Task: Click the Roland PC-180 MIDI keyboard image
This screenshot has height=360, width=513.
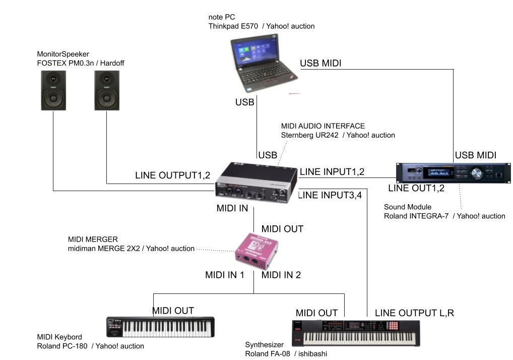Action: (x=160, y=327)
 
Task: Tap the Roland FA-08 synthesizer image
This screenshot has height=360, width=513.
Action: (x=356, y=332)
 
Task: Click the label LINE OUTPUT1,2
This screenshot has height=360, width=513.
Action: (x=172, y=175)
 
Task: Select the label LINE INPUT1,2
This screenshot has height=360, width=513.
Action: (x=332, y=172)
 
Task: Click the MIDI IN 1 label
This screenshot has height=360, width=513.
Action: (x=224, y=275)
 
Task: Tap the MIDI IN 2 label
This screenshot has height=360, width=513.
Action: (x=281, y=275)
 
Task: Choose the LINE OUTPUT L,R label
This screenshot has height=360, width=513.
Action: (x=414, y=313)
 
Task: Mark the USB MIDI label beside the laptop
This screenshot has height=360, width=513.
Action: (x=320, y=63)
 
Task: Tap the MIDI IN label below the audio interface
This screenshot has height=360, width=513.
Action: (x=232, y=208)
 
